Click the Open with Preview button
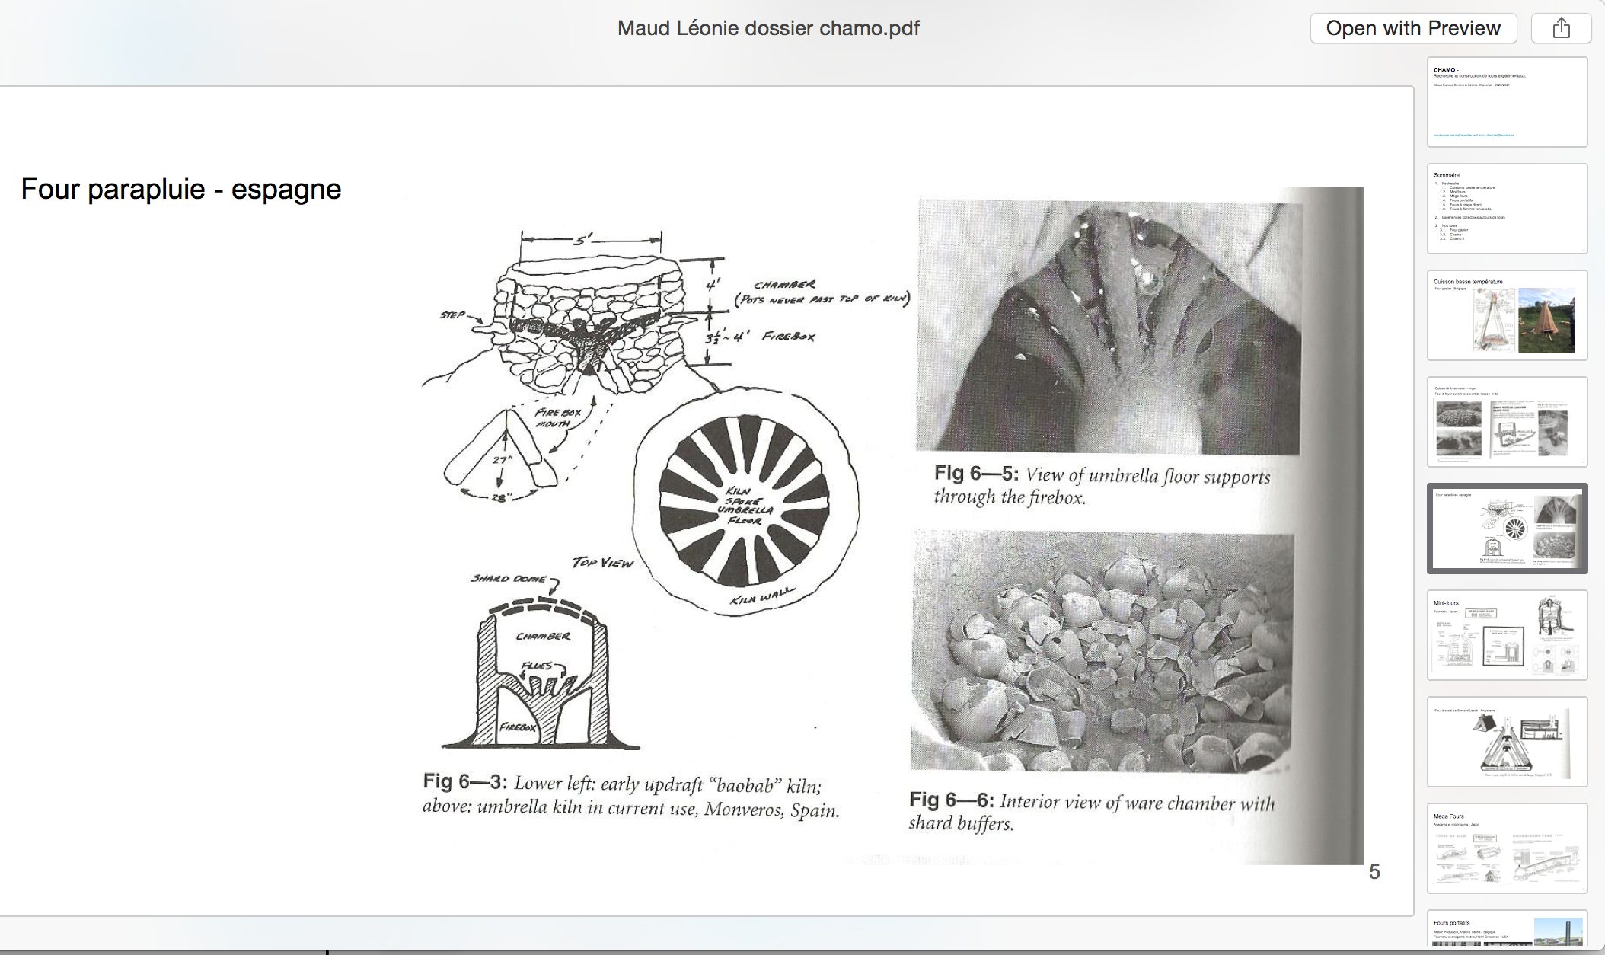(x=1413, y=28)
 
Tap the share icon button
(x=1561, y=28)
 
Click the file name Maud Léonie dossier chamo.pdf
(x=768, y=28)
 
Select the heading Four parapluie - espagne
(x=181, y=189)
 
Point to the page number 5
(x=1374, y=871)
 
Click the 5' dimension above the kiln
(x=582, y=240)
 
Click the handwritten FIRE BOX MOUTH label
(x=558, y=417)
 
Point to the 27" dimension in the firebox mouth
(x=502, y=460)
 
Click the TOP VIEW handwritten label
(x=602, y=562)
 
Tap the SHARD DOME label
(x=509, y=579)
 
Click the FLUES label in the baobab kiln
(x=537, y=666)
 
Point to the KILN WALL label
(x=762, y=596)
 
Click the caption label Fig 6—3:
(x=464, y=781)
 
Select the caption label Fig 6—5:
(x=976, y=474)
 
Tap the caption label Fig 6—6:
(x=951, y=800)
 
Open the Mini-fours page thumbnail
(x=1507, y=635)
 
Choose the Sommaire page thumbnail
(x=1507, y=209)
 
